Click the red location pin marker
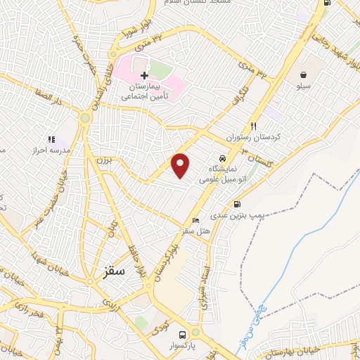[x=181, y=165]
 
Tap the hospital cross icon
[x=144, y=75]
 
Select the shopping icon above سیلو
[x=303, y=75]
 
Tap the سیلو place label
[x=303, y=86]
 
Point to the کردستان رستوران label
[x=247, y=136]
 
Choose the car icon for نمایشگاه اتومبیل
[x=222, y=159]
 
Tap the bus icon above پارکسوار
[x=182, y=334]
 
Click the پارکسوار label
[x=182, y=346]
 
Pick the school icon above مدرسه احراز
[x=51, y=139]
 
